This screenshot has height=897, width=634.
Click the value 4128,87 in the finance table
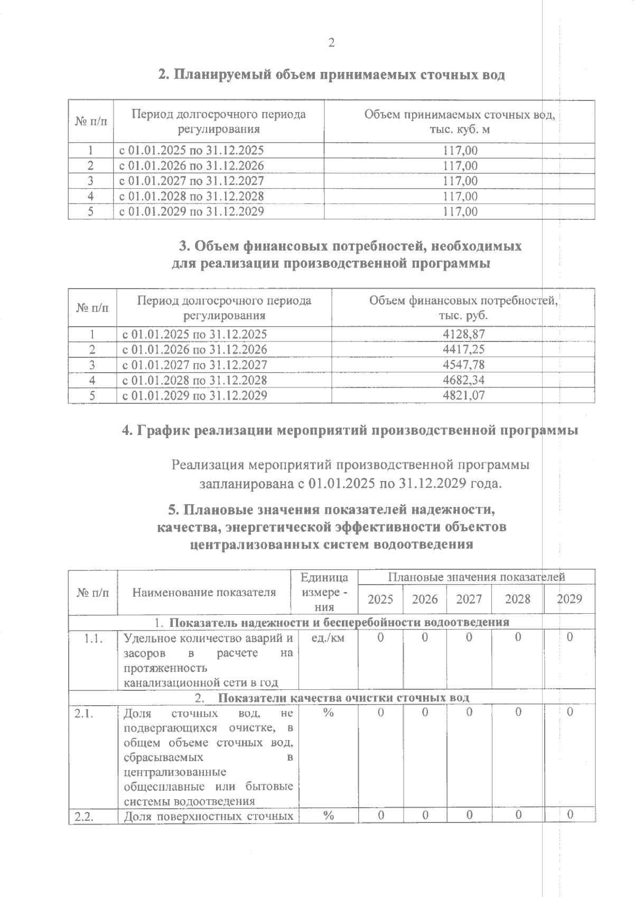464,334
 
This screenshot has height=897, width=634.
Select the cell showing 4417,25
464,349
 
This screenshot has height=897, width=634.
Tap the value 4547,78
464,365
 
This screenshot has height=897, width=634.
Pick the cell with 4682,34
464,380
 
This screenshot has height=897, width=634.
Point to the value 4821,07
464,395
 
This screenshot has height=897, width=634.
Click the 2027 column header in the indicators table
469,599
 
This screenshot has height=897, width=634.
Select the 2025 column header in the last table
380,599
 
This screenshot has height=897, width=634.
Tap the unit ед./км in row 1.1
328,638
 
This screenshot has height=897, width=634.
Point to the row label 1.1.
93,638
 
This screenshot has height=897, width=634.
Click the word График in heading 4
164,430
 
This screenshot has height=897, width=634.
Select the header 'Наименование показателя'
204,592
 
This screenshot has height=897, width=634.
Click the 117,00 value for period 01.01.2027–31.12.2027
460,181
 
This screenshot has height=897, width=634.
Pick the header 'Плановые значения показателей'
476,577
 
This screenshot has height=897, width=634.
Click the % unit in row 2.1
328,713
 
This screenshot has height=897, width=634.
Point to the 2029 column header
570,599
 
